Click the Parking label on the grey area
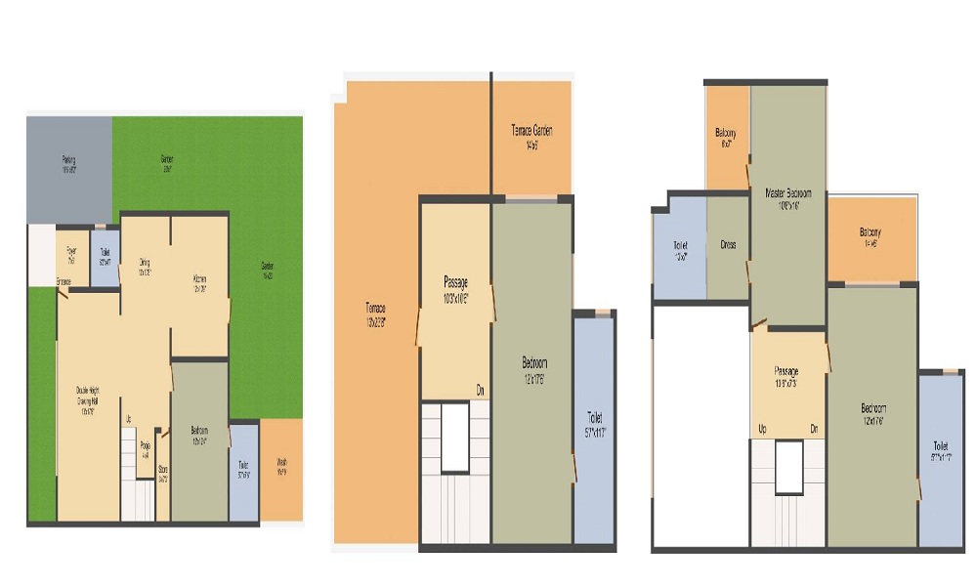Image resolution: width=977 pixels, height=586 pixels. [x=68, y=161]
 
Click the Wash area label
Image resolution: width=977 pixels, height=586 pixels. [x=281, y=465]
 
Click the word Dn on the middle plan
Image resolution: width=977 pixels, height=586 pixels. [x=481, y=390]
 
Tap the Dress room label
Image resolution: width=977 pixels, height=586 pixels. [x=728, y=244]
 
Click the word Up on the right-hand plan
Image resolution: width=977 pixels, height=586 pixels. [x=761, y=429]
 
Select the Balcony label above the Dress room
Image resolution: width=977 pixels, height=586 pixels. [x=725, y=136]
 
